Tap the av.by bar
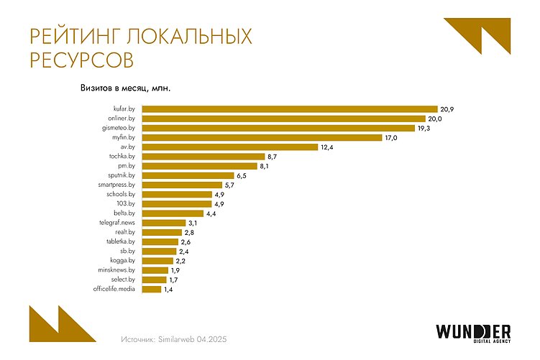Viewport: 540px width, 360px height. (229, 147)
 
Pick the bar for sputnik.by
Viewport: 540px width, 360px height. (188, 175)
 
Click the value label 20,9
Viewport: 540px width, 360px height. (447, 109)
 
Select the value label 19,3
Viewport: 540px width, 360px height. (425, 128)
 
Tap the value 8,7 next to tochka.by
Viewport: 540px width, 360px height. (273, 156)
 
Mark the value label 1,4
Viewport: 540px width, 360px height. (168, 290)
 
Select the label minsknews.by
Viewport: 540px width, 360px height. (117, 270)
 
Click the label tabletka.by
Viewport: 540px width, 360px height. (121, 242)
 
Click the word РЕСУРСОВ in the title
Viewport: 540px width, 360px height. (81, 60)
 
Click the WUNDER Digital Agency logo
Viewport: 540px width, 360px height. (472, 333)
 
